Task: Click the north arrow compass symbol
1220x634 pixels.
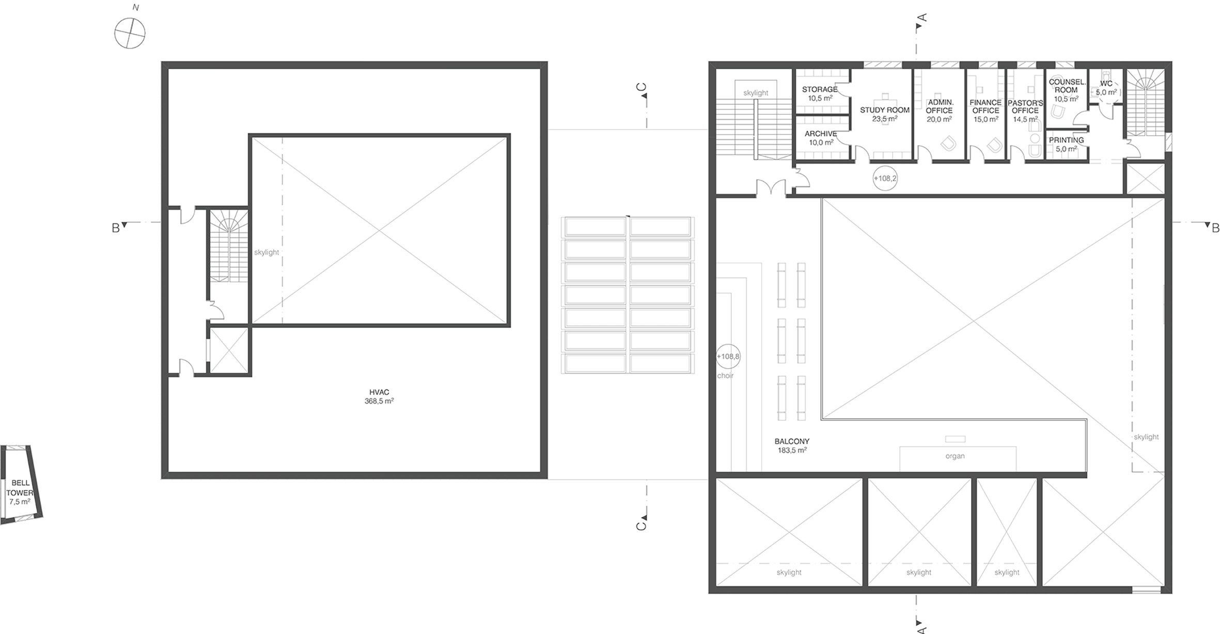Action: tap(130, 33)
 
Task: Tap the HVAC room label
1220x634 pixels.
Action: tap(379, 397)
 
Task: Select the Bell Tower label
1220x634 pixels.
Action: tap(20, 493)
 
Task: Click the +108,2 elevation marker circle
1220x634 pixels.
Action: tap(885, 178)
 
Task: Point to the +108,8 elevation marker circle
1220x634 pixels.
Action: tap(728, 356)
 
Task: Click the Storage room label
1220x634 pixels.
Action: tap(820, 93)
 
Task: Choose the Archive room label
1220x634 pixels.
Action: tap(821, 138)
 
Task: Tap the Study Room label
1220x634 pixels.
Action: tap(885, 114)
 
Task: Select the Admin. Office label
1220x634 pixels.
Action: tap(939, 110)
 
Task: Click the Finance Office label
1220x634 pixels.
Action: tap(986, 110)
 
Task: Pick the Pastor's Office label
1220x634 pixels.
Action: tap(1025, 110)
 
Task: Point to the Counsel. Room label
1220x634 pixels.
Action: tap(1067, 90)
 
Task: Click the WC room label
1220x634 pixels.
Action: tap(1106, 88)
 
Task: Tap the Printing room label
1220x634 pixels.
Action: tap(1066, 144)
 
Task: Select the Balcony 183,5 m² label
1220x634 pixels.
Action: tap(792, 446)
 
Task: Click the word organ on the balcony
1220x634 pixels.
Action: tap(955, 456)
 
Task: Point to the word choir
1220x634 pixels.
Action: tap(725, 375)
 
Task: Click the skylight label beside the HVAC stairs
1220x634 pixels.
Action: tap(267, 252)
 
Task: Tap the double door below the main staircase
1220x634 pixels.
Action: tap(771, 187)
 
